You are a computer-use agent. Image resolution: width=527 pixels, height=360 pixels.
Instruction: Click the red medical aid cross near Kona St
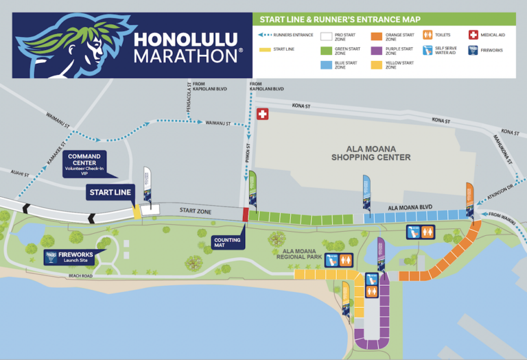[x=262, y=115]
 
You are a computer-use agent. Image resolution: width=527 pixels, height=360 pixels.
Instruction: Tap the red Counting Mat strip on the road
[x=246, y=214]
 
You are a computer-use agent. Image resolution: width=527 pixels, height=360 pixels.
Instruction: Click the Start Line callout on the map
[x=110, y=193]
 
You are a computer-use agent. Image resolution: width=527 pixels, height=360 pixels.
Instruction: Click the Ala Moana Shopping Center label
[x=371, y=152]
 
